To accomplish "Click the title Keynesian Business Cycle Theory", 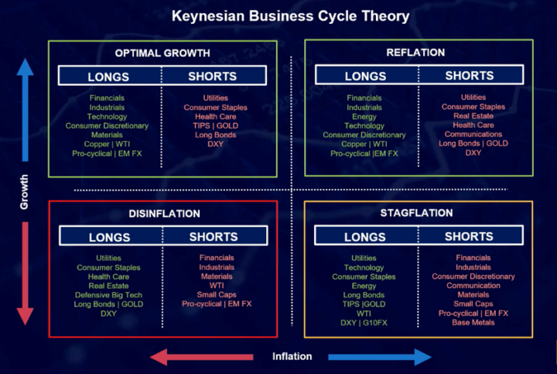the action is (291, 16).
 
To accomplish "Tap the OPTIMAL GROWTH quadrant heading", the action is (162, 53).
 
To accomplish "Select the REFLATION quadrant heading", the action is (415, 52).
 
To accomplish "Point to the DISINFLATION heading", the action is (165, 213).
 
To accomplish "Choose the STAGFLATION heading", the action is (416, 213).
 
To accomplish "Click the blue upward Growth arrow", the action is (26, 110).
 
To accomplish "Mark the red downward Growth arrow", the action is (26, 273).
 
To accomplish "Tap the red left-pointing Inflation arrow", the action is (202, 357).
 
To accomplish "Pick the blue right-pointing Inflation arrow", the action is (380, 357).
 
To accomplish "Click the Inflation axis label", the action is (292, 356).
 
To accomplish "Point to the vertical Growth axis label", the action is (24, 192).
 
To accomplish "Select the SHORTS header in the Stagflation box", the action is (469, 236).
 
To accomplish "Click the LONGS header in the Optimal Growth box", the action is (108, 77).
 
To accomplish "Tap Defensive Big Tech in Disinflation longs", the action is (108, 295).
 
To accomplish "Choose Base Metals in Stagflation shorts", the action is (473, 322).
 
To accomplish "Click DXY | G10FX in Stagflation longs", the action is (364, 323).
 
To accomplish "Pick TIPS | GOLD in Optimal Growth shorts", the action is (216, 125).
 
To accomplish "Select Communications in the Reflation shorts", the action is (473, 134).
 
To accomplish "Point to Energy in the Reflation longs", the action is (364, 117).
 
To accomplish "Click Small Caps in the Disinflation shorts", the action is (217, 294).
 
